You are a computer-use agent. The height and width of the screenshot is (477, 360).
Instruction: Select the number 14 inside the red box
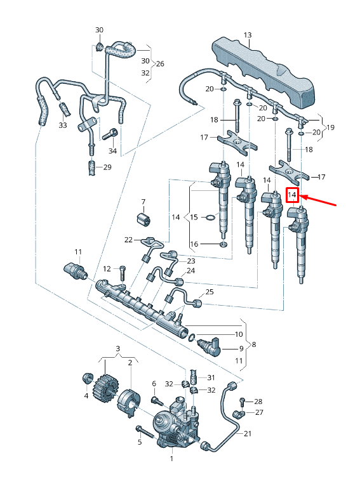[292, 195]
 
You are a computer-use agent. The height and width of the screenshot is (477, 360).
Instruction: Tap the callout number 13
[248, 35]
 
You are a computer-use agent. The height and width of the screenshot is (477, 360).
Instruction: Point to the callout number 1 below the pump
[171, 457]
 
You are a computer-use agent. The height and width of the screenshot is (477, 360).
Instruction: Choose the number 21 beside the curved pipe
[248, 434]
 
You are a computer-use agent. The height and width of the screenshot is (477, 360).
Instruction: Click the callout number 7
[143, 202]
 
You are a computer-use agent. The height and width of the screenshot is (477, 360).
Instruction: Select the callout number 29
[107, 167]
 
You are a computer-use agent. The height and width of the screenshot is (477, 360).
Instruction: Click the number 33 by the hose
[62, 126]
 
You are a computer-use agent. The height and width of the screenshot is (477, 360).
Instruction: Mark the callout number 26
[160, 64]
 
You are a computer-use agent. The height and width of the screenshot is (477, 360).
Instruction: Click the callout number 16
[195, 244]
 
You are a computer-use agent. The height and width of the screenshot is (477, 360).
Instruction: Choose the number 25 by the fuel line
[210, 292]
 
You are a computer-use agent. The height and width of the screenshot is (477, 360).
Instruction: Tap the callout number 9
[241, 349]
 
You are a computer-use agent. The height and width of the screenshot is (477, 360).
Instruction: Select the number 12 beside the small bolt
[107, 269]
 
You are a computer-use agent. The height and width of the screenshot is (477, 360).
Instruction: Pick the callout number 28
[258, 402]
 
